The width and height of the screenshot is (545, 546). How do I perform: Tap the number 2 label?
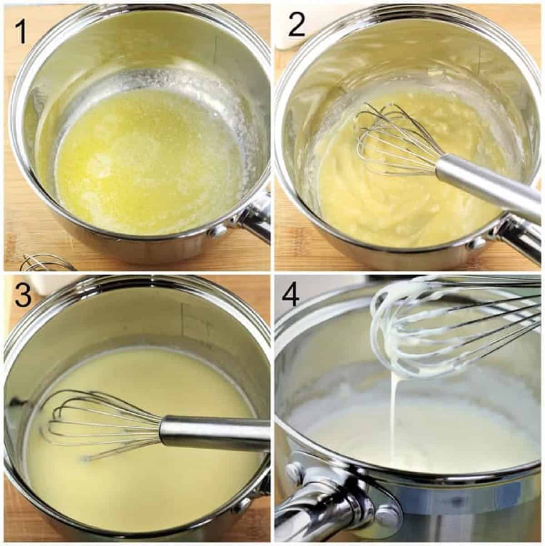pos(297,26)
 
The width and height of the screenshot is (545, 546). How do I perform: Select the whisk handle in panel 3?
pos(213,431)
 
